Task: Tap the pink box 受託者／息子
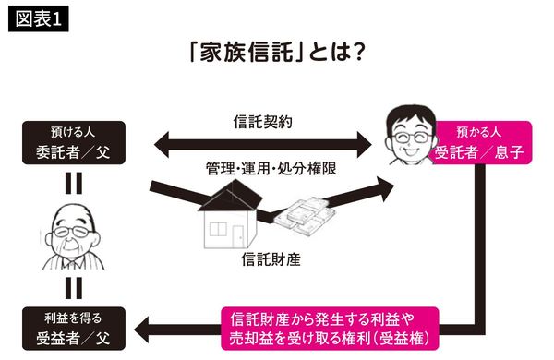[x=482, y=143]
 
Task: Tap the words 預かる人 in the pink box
[x=482, y=132]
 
